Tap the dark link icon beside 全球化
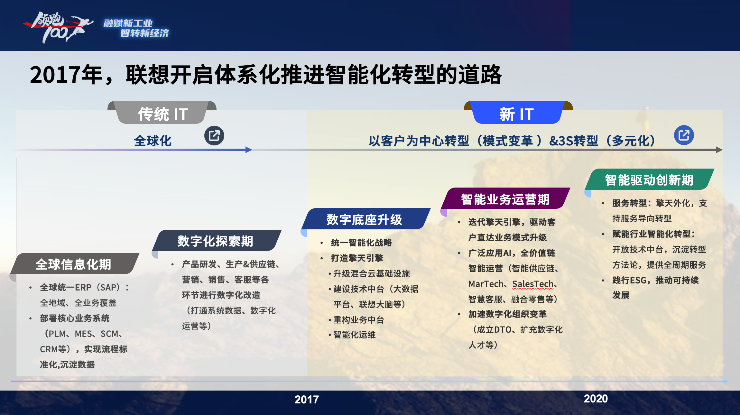(214, 135)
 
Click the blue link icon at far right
(684, 135)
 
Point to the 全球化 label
(153, 141)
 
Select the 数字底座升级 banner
(365, 219)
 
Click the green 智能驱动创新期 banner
(649, 180)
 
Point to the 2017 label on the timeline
(307, 400)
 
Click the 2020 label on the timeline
(596, 399)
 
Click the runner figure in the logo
(77, 27)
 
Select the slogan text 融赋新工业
(128, 23)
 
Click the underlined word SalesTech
(533, 284)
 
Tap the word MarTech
(486, 284)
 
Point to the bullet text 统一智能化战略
(361, 243)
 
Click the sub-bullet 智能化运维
(354, 335)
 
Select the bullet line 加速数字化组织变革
(507, 314)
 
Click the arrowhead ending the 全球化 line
(249, 150)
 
